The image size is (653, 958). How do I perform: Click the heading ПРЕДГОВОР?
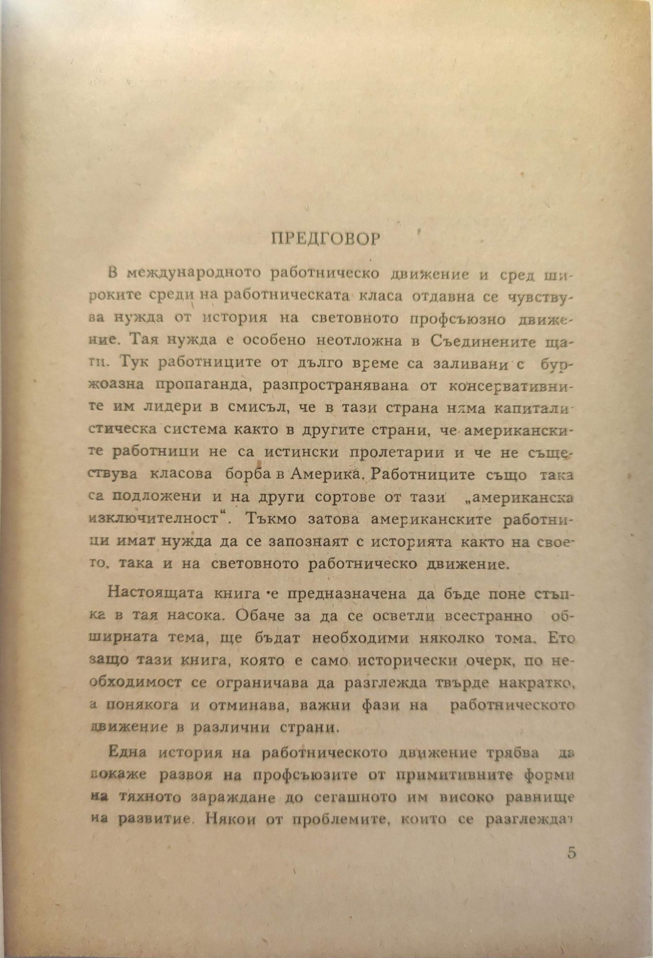tap(326, 239)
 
